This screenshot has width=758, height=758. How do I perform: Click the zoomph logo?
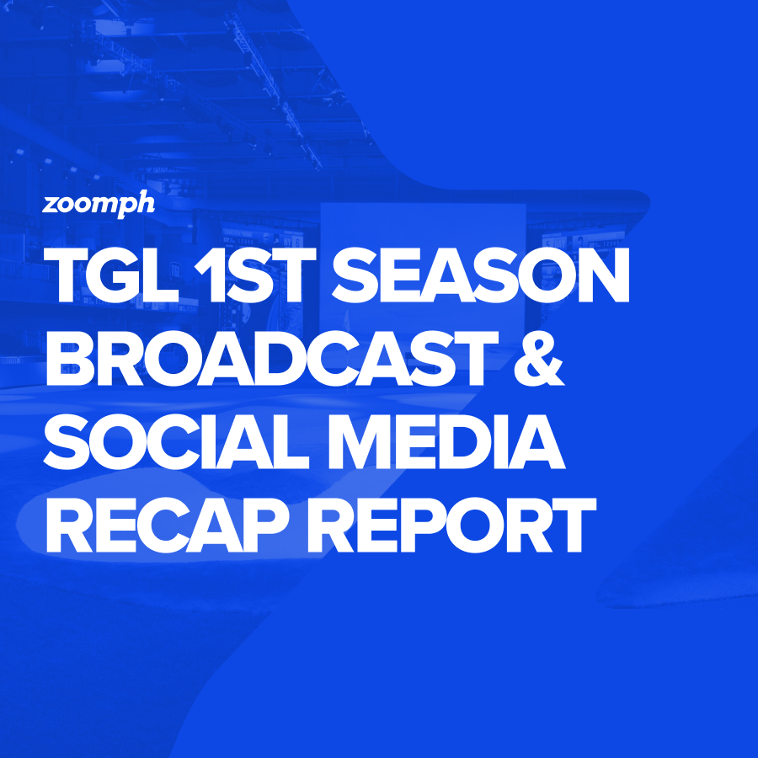[99, 205]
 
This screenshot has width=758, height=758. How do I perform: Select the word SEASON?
[481, 275]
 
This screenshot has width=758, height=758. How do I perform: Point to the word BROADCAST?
[272, 359]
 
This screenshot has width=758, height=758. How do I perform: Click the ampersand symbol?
[539, 359]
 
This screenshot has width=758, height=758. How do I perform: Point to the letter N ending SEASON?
[604, 275]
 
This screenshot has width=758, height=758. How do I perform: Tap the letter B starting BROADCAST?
[69, 359]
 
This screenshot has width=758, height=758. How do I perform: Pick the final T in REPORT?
[572, 526]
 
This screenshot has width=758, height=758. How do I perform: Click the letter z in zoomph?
[51, 205]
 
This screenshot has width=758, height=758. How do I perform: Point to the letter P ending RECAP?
[267, 526]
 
